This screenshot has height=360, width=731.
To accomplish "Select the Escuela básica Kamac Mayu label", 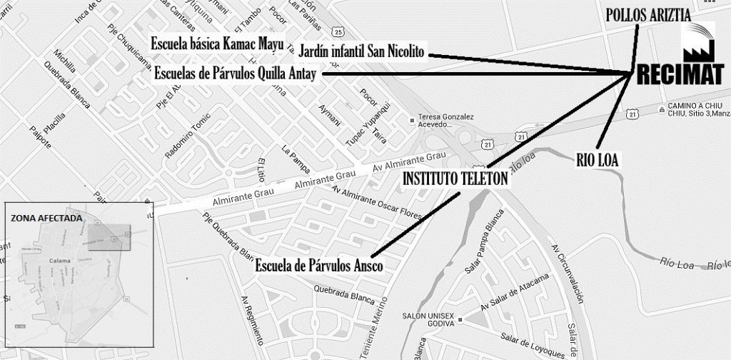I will [218, 44].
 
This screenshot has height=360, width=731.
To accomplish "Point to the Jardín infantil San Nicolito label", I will [361, 52].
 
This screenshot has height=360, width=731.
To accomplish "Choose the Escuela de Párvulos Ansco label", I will [319, 266].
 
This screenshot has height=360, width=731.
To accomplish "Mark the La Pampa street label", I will [295, 161].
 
